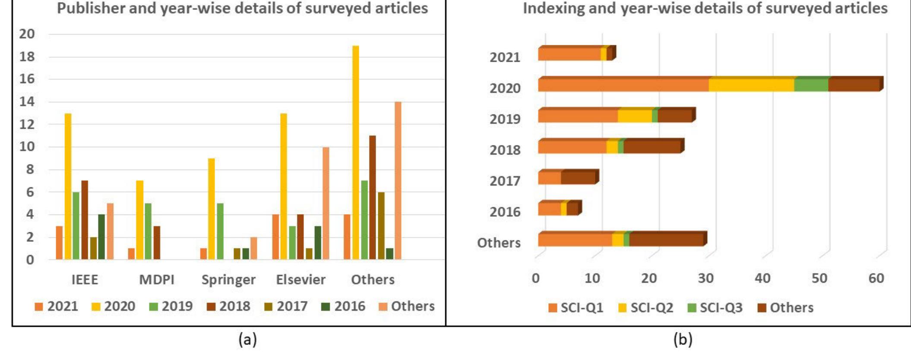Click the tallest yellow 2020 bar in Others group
(355, 152)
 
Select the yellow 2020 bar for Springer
(212, 208)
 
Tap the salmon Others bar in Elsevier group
(326, 203)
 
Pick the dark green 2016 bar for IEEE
(101, 237)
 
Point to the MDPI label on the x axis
(157, 280)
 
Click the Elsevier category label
(301, 280)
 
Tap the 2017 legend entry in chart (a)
(286, 306)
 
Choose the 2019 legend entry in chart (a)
(171, 306)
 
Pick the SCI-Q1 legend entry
(576, 308)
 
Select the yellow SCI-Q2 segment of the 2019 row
(634, 116)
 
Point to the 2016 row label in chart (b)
(505, 212)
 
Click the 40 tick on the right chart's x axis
(762, 278)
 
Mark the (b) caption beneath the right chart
(683, 340)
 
